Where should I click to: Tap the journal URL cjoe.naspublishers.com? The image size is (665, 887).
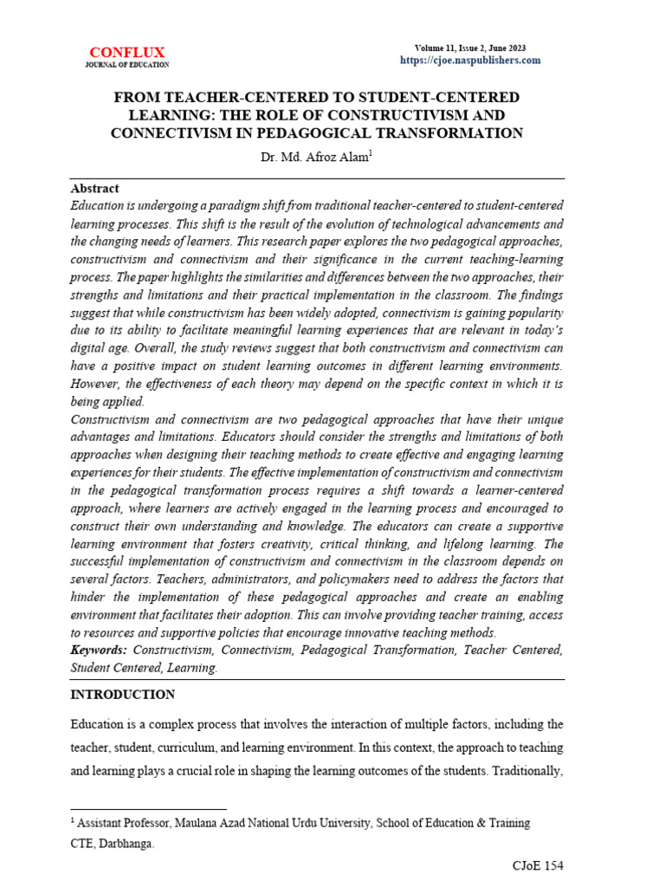click(x=470, y=60)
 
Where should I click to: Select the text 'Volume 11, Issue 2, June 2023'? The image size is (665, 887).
click(x=470, y=48)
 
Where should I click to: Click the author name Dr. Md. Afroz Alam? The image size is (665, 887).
click(x=315, y=159)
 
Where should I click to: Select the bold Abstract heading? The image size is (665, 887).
click(x=94, y=188)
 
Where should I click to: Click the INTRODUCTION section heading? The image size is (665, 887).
click(x=122, y=695)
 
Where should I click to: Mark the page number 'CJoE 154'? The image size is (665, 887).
click(x=539, y=866)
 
